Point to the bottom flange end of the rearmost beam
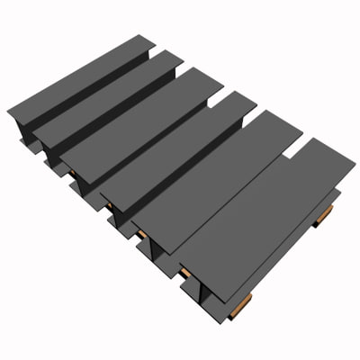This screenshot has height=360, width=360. point(20,144)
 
